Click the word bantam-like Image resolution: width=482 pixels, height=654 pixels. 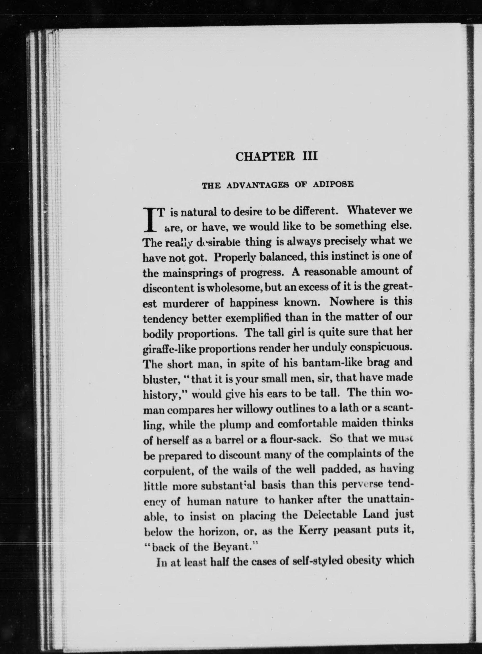click(329, 363)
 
